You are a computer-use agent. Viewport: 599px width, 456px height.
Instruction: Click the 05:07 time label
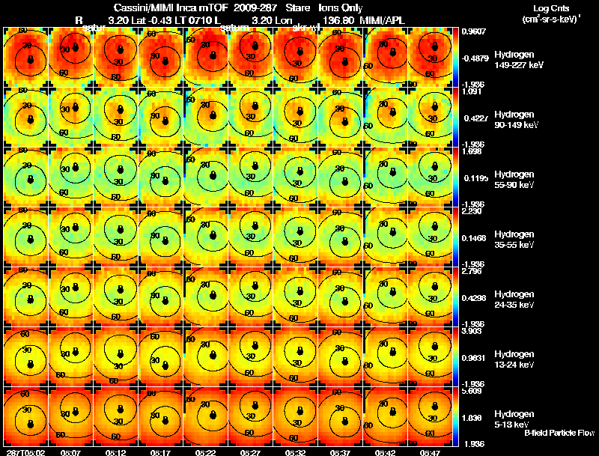click(x=70, y=452)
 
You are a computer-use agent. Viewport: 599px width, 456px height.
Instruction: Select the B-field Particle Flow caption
click(x=558, y=433)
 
